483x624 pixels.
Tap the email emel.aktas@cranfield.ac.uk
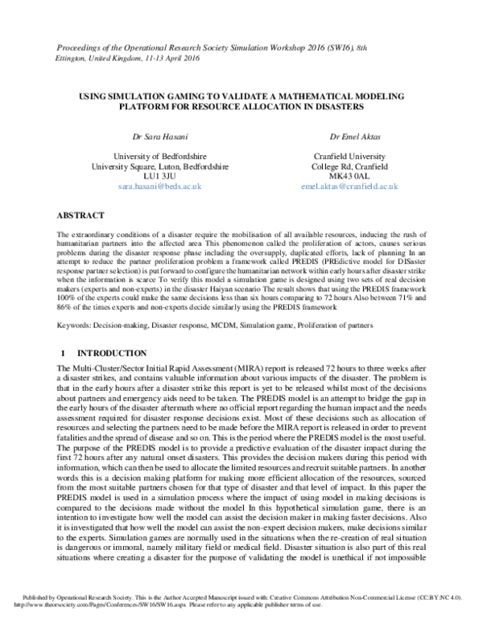[x=349, y=187]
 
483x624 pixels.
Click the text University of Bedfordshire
[x=159, y=156]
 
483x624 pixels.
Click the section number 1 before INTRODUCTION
[x=64, y=354]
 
